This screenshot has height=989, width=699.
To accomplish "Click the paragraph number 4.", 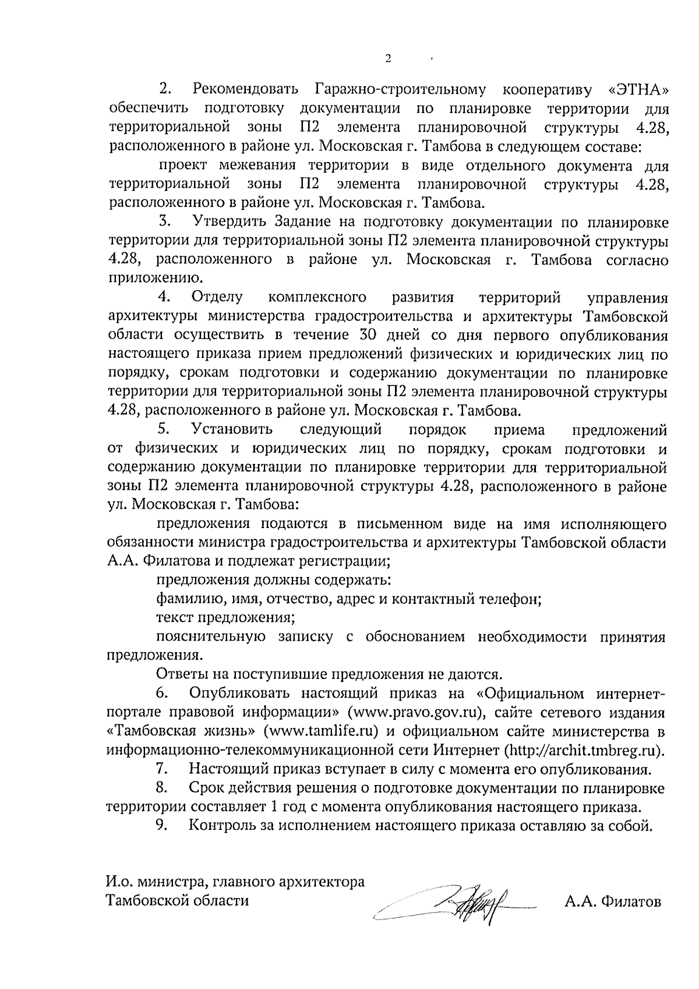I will [165, 297].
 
